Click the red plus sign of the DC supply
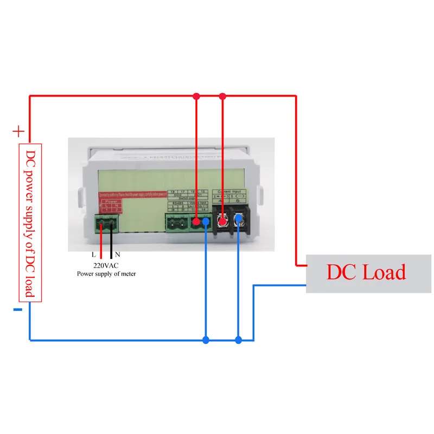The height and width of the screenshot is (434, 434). coord(18,131)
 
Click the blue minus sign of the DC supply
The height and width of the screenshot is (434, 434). coord(17,310)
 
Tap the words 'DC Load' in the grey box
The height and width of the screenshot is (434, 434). coord(365,272)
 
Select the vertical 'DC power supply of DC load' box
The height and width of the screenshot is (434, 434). coord(30,222)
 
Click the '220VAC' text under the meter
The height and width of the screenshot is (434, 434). coord(106,266)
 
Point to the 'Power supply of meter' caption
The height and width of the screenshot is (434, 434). coord(106,274)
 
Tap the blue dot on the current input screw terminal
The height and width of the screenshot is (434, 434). coord(238,219)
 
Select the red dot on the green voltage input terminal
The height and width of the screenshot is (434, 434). coord(196,221)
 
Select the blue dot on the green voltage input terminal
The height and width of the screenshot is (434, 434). coord(206,221)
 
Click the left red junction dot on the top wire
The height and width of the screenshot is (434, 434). coord(196,97)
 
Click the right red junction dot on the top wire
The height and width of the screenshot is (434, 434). coord(222,97)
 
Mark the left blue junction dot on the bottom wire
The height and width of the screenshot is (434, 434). coord(206,340)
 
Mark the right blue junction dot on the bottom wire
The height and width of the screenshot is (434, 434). coord(238,340)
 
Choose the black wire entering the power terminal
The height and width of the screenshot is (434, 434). coord(112,241)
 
